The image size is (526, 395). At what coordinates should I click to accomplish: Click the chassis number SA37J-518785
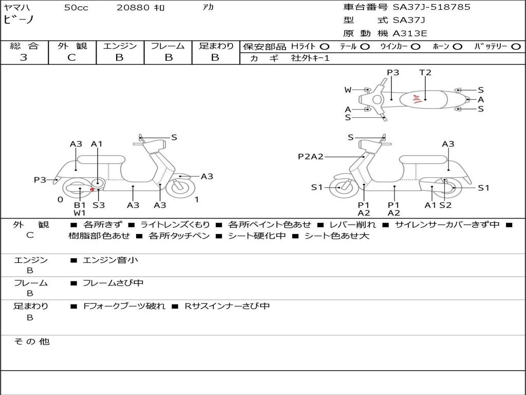point(431,7)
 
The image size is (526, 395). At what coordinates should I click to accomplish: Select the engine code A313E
point(409,33)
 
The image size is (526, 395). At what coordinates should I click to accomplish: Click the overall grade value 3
point(24,58)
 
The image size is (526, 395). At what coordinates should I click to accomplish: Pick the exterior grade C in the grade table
point(71,58)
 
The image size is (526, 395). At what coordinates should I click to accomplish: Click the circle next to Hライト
point(324,47)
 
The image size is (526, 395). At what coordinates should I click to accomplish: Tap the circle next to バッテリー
point(516,47)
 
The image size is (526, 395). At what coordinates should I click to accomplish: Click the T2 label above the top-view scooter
point(425,72)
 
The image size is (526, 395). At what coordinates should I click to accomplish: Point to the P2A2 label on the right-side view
point(311,156)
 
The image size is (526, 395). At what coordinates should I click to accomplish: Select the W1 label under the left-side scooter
point(80,212)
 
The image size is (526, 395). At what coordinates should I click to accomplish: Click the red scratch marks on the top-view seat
point(417,99)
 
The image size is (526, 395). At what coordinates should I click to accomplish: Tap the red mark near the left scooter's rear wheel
point(92,189)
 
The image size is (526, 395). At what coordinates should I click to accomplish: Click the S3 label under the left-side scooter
point(99,205)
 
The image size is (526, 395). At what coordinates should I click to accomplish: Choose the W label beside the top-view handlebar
point(348,89)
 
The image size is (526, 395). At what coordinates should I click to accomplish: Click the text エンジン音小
point(110,260)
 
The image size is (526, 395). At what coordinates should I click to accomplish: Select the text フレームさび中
point(113,283)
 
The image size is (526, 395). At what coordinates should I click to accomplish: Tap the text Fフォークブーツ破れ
point(124,307)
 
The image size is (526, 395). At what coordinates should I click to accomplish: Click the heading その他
point(32,342)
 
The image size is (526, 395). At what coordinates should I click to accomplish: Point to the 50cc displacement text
point(76,7)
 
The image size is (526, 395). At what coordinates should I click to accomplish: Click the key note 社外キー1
point(310,58)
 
